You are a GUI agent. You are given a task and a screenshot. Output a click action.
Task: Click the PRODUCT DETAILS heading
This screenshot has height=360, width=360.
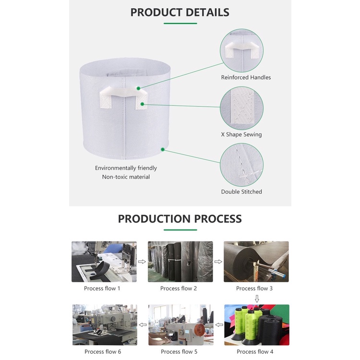(180, 12)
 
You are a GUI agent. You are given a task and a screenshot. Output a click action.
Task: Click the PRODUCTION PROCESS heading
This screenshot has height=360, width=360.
(180, 219)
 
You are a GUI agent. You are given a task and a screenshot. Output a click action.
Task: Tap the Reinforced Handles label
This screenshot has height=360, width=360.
(246, 77)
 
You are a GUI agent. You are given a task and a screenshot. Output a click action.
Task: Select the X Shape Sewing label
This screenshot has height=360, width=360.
(241, 134)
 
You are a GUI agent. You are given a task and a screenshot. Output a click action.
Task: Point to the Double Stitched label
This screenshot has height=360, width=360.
(241, 192)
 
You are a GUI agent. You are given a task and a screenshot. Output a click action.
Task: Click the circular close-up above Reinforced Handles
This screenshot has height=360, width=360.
(241, 50)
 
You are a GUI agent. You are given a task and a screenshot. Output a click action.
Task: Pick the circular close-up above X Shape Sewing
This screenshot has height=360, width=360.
(241, 108)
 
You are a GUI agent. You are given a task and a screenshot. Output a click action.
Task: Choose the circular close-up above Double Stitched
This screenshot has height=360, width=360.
(241, 165)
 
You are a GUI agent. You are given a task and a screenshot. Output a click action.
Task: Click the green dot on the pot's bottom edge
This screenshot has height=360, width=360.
(163, 149)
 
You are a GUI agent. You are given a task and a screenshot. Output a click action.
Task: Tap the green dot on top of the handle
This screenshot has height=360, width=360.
(138, 88)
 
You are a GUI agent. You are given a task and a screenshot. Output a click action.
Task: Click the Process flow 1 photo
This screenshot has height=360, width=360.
(104, 262)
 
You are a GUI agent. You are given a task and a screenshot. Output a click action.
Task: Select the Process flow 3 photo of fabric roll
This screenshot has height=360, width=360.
(256, 262)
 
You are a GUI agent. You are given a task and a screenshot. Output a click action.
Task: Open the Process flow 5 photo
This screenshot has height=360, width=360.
(180, 325)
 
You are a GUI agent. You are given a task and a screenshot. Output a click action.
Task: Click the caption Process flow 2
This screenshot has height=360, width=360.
(179, 288)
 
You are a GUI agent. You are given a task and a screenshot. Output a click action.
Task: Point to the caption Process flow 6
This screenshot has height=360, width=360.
(103, 352)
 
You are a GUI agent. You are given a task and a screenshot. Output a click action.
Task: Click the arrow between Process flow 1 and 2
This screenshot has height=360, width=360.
(142, 262)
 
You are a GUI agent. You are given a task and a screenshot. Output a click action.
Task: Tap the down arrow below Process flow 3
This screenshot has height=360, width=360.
(257, 299)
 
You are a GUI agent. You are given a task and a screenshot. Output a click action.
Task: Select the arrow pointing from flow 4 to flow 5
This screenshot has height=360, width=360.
(219, 324)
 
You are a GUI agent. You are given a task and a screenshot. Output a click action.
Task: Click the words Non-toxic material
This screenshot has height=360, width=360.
(126, 177)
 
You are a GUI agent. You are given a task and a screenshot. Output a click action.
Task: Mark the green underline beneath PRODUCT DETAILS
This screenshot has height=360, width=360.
(180, 24)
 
